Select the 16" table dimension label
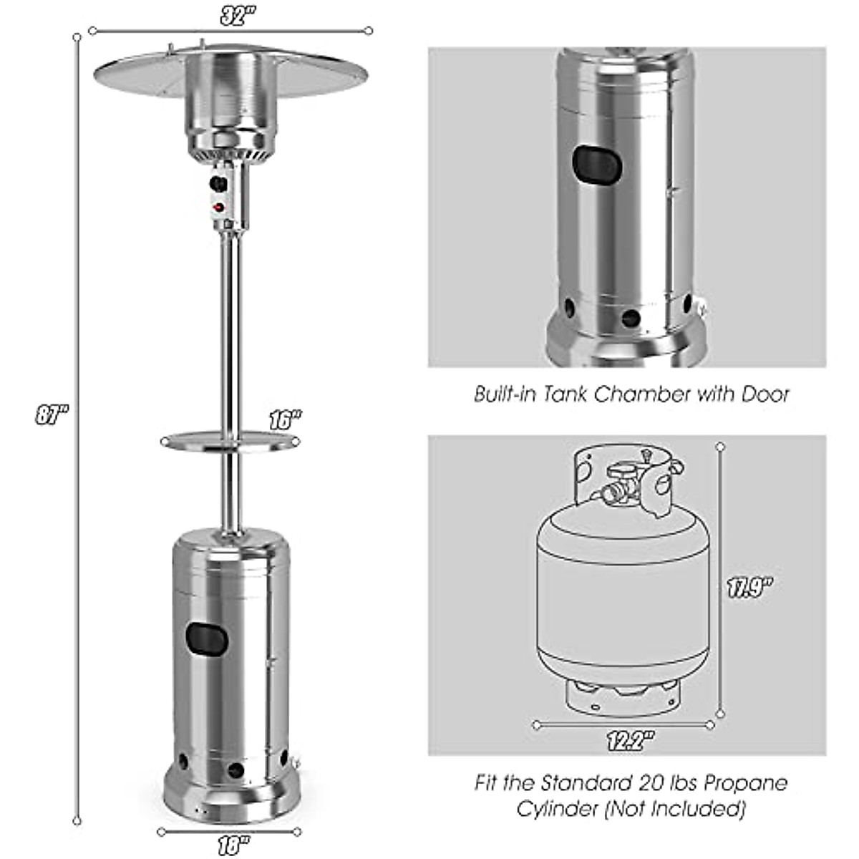tap(285, 420)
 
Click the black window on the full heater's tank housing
tap(207, 636)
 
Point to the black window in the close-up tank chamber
tap(598, 165)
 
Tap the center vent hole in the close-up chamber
tap(630, 316)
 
